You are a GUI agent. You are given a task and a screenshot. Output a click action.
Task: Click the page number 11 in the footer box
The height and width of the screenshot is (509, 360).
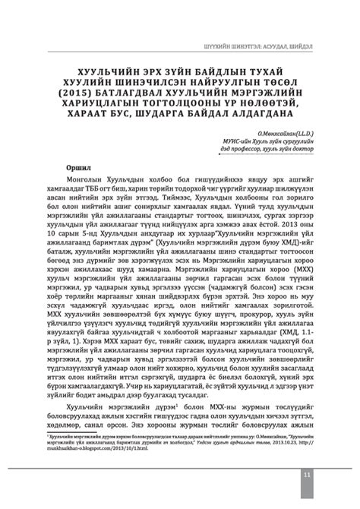306,475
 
